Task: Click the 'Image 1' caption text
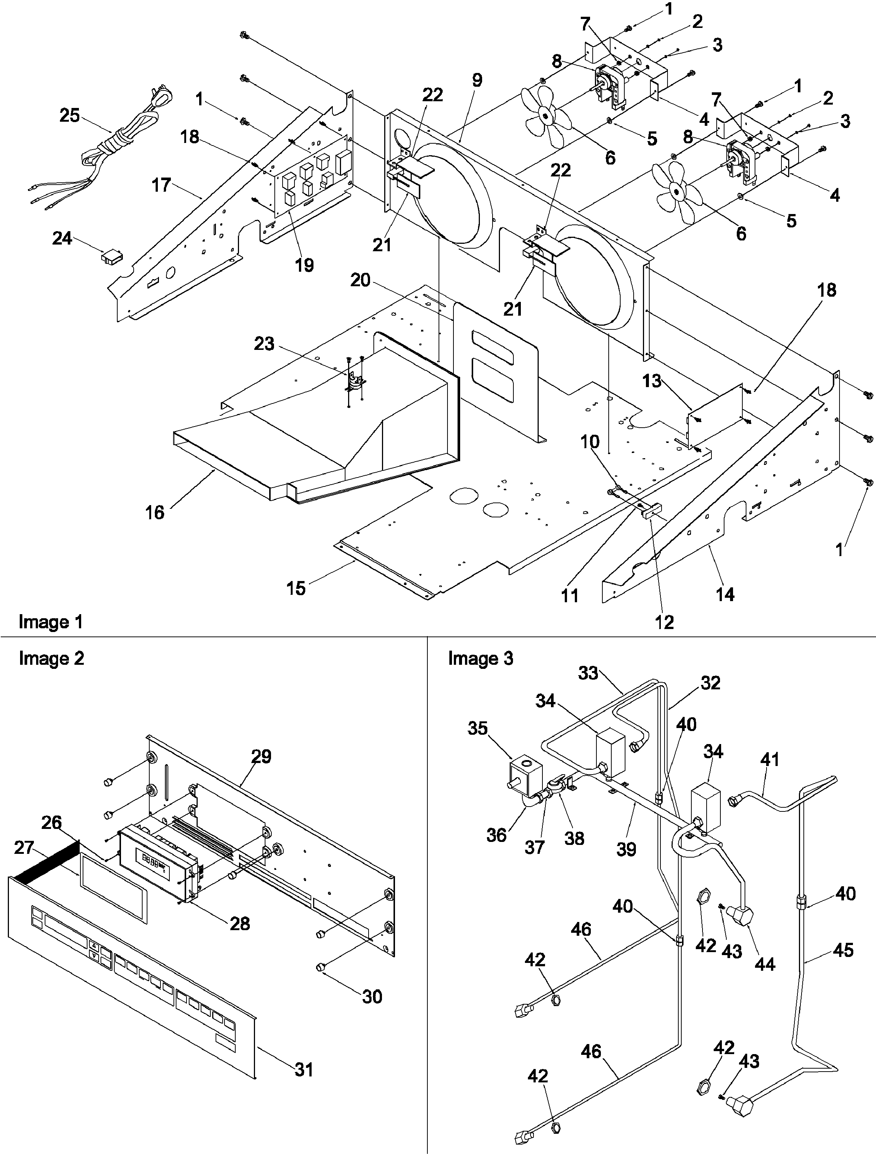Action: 51,622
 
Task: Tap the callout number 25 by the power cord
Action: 69,115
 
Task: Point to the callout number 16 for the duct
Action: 155,512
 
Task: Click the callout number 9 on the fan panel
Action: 477,81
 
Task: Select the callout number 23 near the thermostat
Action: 264,344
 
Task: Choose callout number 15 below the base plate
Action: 296,588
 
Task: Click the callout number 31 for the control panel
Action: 304,1070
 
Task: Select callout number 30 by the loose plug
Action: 372,996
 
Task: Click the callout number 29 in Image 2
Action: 261,757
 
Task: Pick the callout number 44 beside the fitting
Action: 765,964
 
